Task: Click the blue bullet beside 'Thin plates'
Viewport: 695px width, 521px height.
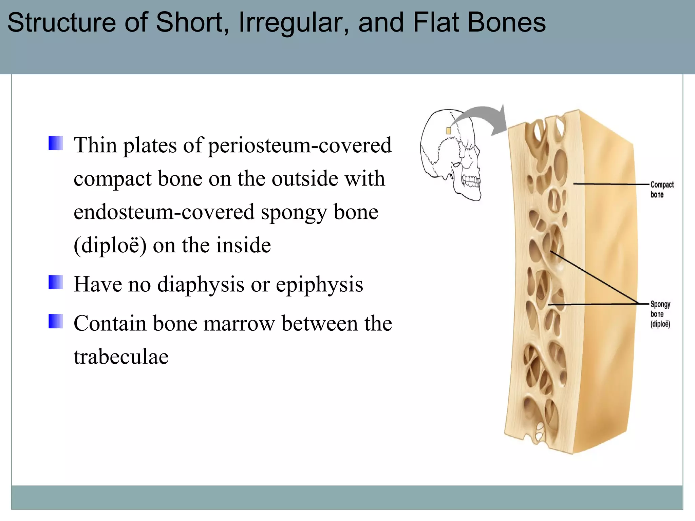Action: pyautogui.click(x=56, y=143)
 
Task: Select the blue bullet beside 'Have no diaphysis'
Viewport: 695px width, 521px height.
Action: pyautogui.click(x=56, y=282)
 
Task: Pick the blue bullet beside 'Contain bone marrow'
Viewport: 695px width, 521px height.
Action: pyautogui.click(x=56, y=321)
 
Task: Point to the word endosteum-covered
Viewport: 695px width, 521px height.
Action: pyautogui.click(x=164, y=212)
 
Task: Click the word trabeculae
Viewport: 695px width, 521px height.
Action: pyautogui.click(x=121, y=357)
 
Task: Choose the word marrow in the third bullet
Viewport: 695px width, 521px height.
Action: pyautogui.click(x=239, y=323)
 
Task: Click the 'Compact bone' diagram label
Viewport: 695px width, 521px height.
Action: pyautogui.click(x=661, y=189)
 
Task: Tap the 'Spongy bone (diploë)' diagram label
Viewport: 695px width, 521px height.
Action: pyautogui.click(x=660, y=314)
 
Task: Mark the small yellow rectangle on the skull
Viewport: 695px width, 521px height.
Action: pyautogui.click(x=448, y=131)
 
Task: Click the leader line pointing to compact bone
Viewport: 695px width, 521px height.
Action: pyautogui.click(x=611, y=184)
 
